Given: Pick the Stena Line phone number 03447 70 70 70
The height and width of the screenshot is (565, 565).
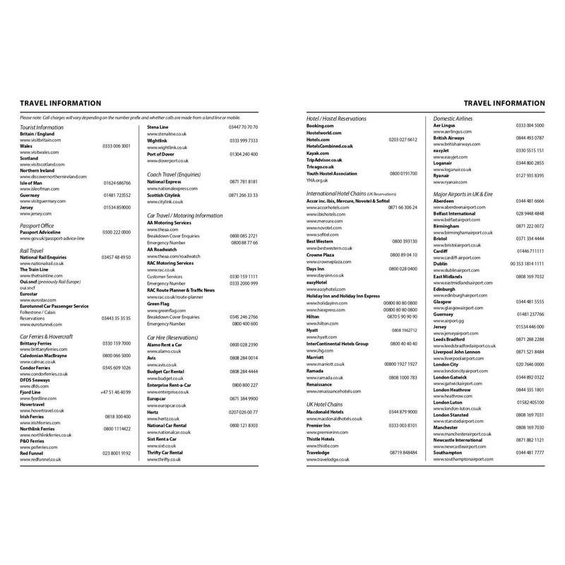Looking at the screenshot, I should pos(244,126).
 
